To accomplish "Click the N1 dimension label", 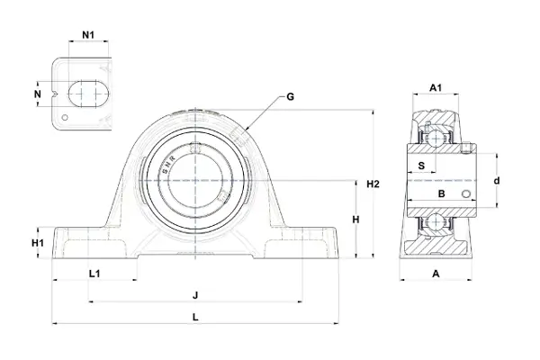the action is [88, 35].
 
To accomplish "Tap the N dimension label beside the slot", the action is [38, 94].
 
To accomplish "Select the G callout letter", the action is [291, 97].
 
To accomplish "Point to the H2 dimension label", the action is [373, 184].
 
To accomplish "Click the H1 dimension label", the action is [38, 243].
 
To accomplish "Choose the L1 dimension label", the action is [94, 274].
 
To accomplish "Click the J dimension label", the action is [195, 295].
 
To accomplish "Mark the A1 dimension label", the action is [436, 88].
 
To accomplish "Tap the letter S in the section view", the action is [421, 166].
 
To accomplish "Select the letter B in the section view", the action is [442, 194].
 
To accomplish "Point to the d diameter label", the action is [497, 181].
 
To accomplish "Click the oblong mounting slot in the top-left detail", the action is [88, 94].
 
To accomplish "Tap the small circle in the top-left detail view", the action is [65, 118].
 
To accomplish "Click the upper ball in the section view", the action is [436, 138].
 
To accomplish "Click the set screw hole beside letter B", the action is [466, 194].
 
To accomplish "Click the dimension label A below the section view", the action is [436, 274].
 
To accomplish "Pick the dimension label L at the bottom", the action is [195, 317].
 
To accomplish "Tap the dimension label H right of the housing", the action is [355, 220].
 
